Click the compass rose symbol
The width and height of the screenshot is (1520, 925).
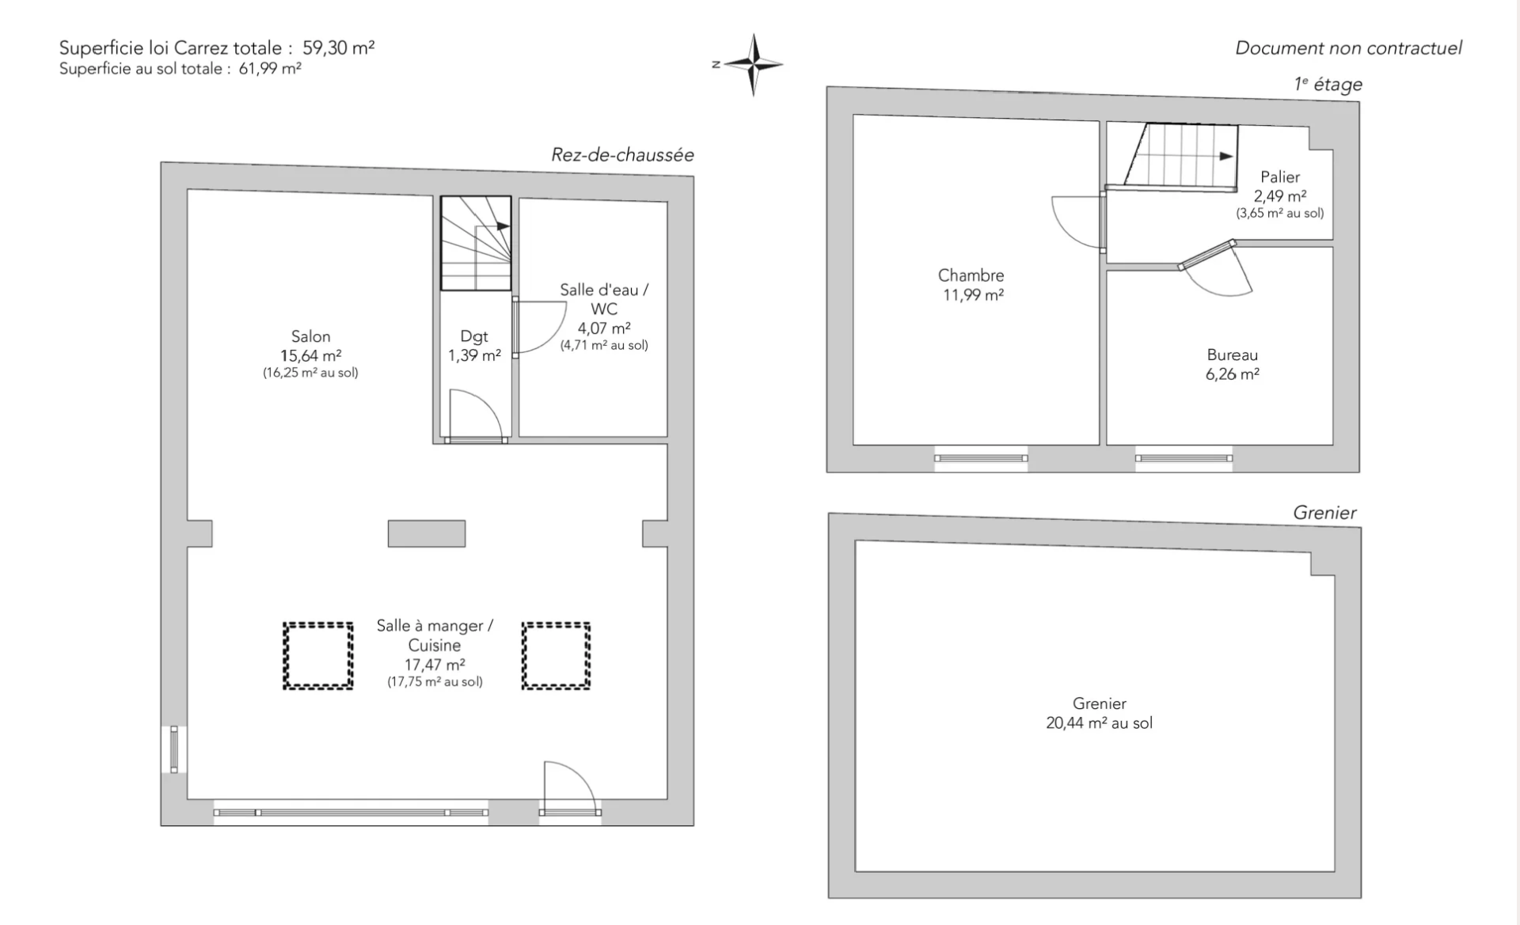[x=754, y=65]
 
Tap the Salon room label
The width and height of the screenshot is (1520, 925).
[x=310, y=336]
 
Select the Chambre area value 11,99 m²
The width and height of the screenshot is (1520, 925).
[x=973, y=295]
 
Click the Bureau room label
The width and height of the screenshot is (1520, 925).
[x=1232, y=355]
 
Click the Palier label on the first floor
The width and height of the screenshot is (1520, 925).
[x=1280, y=177]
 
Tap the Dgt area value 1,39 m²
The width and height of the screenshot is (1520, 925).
[x=474, y=356]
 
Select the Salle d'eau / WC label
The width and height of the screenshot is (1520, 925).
[x=604, y=299]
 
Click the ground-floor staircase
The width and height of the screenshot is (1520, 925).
[x=476, y=243]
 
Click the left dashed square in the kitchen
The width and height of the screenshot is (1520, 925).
[x=318, y=655]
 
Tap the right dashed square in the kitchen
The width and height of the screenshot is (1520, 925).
[x=556, y=655]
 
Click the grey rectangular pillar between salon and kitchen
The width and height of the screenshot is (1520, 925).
[x=427, y=533]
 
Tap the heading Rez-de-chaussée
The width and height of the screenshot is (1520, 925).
[x=622, y=155]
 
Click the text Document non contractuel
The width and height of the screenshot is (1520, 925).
[x=1348, y=48]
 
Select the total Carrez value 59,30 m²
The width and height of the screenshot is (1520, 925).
[x=339, y=47]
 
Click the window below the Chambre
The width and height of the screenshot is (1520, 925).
[x=981, y=458]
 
